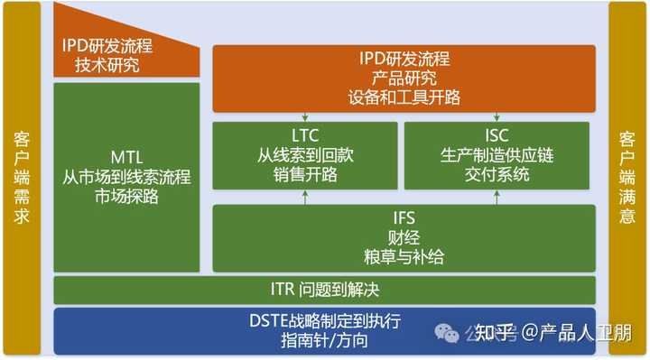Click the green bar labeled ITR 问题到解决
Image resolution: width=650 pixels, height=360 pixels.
click(x=324, y=291)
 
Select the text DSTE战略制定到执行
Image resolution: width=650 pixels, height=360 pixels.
click(x=324, y=320)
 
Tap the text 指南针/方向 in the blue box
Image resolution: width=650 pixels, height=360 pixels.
click(x=324, y=340)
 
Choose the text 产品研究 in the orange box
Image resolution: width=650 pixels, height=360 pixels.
click(x=404, y=78)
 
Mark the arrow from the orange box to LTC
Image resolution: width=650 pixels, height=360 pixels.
click(x=305, y=115)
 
